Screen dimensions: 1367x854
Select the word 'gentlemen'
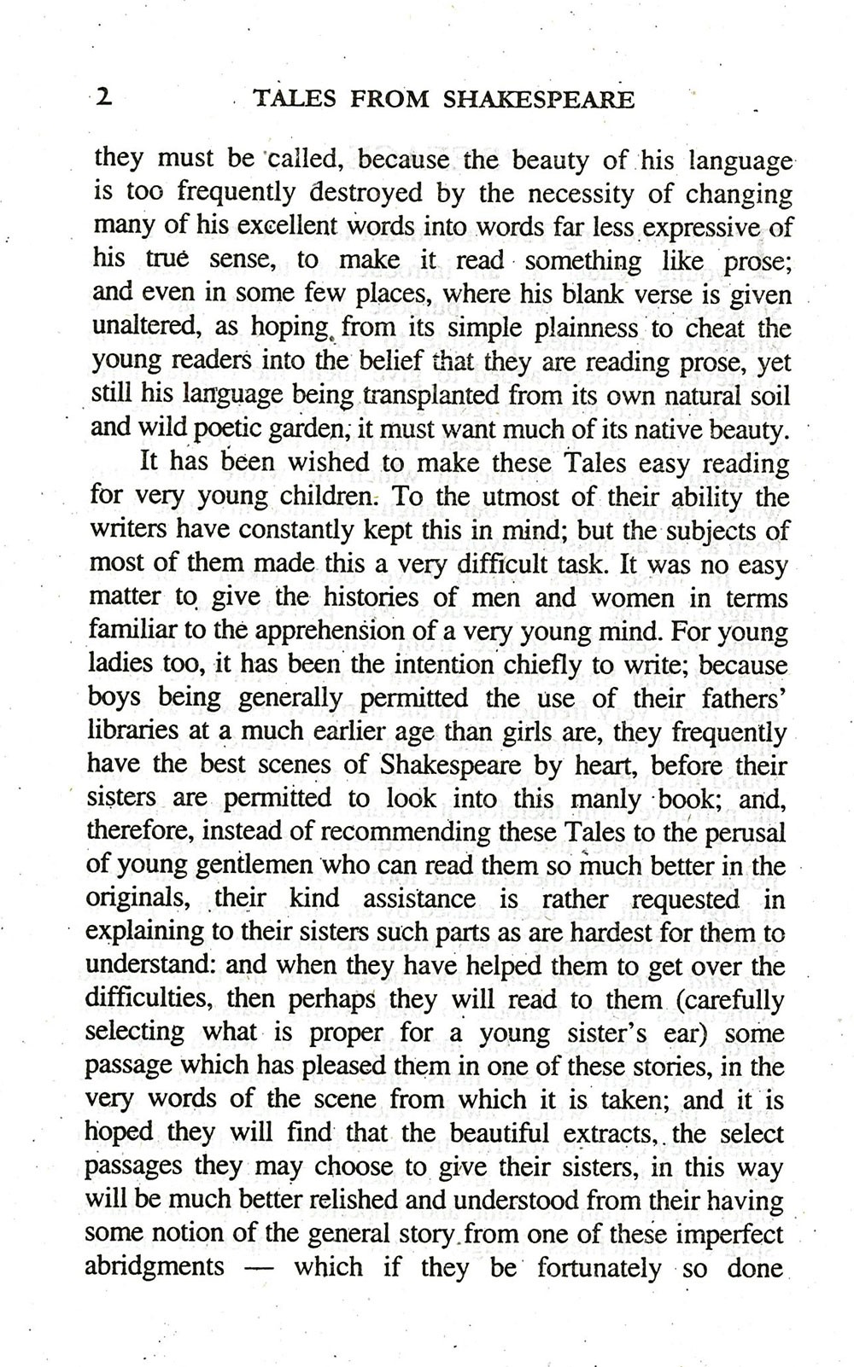(x=256, y=864)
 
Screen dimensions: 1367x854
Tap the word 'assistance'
(x=418, y=899)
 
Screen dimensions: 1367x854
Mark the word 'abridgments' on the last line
(x=155, y=1265)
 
